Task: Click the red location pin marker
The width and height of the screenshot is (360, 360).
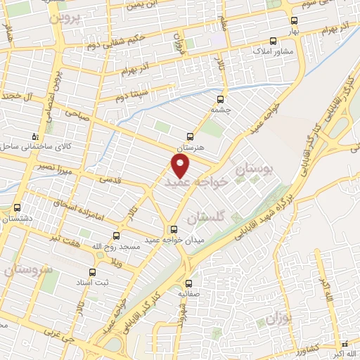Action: [181, 166]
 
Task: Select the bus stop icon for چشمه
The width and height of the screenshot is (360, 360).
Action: [221, 100]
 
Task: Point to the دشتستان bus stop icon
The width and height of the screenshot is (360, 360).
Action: [17, 207]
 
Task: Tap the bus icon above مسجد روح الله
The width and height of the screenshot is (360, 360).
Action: [116, 236]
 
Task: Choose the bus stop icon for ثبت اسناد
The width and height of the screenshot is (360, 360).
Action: [92, 272]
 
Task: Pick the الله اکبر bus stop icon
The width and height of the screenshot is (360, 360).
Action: [344, 344]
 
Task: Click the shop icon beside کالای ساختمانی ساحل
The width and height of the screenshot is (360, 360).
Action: [36, 136]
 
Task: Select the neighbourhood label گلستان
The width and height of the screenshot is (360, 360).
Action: [205, 219]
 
